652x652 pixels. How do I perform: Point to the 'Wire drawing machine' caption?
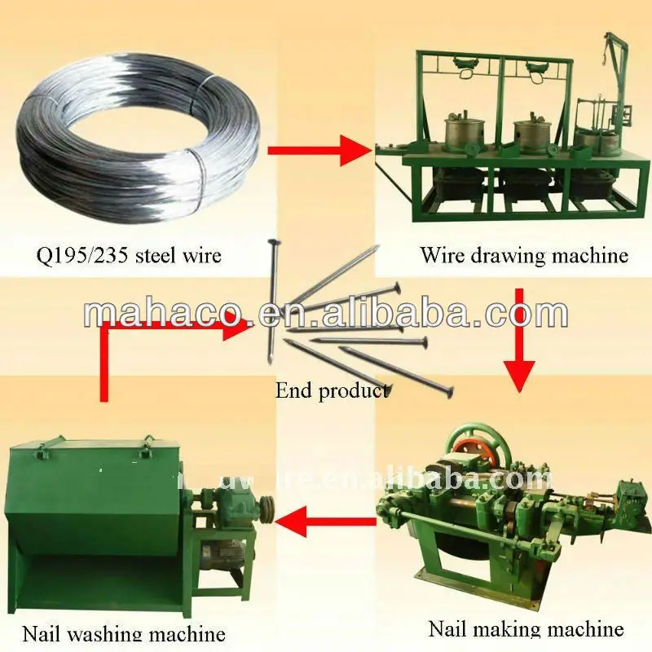click(x=524, y=255)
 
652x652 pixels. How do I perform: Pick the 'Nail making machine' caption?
click(x=526, y=628)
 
